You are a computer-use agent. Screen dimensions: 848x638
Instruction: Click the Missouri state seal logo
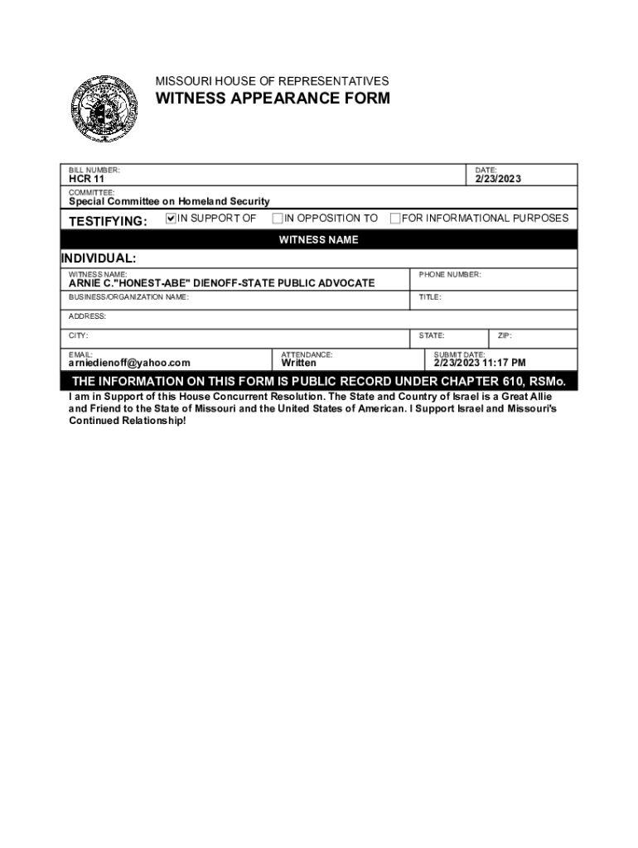click(x=103, y=108)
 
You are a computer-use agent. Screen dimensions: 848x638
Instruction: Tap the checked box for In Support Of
click(x=172, y=219)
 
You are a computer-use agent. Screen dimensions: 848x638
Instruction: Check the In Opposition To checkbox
click(x=278, y=219)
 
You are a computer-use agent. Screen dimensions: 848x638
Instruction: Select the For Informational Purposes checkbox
click(x=395, y=219)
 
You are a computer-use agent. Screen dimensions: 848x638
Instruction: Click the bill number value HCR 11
click(x=86, y=179)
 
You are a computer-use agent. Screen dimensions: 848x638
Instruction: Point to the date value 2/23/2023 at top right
click(x=498, y=179)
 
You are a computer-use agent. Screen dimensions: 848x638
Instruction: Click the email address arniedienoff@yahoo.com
click(x=129, y=363)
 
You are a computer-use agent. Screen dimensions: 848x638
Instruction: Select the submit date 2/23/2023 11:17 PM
click(x=480, y=363)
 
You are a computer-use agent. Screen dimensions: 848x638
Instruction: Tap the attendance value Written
click(x=298, y=363)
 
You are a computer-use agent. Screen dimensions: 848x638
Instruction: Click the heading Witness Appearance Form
click(x=273, y=99)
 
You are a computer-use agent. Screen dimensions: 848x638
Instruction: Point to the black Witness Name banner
click(x=318, y=240)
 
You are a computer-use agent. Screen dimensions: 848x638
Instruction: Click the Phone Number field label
click(x=450, y=274)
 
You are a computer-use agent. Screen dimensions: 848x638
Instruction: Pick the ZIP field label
click(x=505, y=335)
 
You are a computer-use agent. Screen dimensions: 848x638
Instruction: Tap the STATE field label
click(x=432, y=335)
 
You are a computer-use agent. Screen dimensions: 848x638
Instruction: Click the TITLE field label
click(x=430, y=296)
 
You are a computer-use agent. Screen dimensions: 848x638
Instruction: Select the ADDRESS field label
click(x=87, y=316)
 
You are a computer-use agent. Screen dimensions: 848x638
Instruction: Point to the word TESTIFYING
click(x=108, y=221)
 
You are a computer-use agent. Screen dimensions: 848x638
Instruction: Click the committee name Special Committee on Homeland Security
click(x=169, y=201)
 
